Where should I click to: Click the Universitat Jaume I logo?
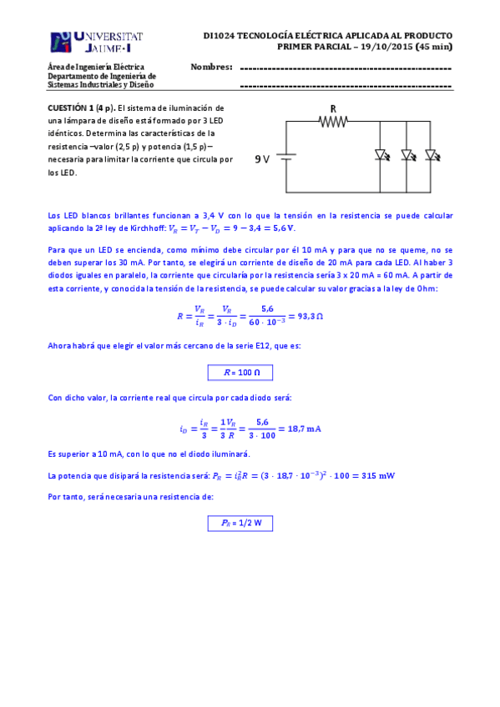click(x=96, y=43)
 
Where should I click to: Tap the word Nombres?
click(x=211, y=66)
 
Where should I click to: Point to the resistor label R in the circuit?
click(x=333, y=108)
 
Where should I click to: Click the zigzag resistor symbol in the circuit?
click(x=333, y=122)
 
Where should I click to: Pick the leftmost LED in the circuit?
click(x=381, y=155)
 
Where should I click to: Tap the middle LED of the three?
click(x=407, y=155)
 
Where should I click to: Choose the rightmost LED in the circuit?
click(x=432, y=155)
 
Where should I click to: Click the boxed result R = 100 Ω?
click(x=240, y=373)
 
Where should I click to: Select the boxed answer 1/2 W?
click(x=240, y=524)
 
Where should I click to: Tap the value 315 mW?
click(x=375, y=476)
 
